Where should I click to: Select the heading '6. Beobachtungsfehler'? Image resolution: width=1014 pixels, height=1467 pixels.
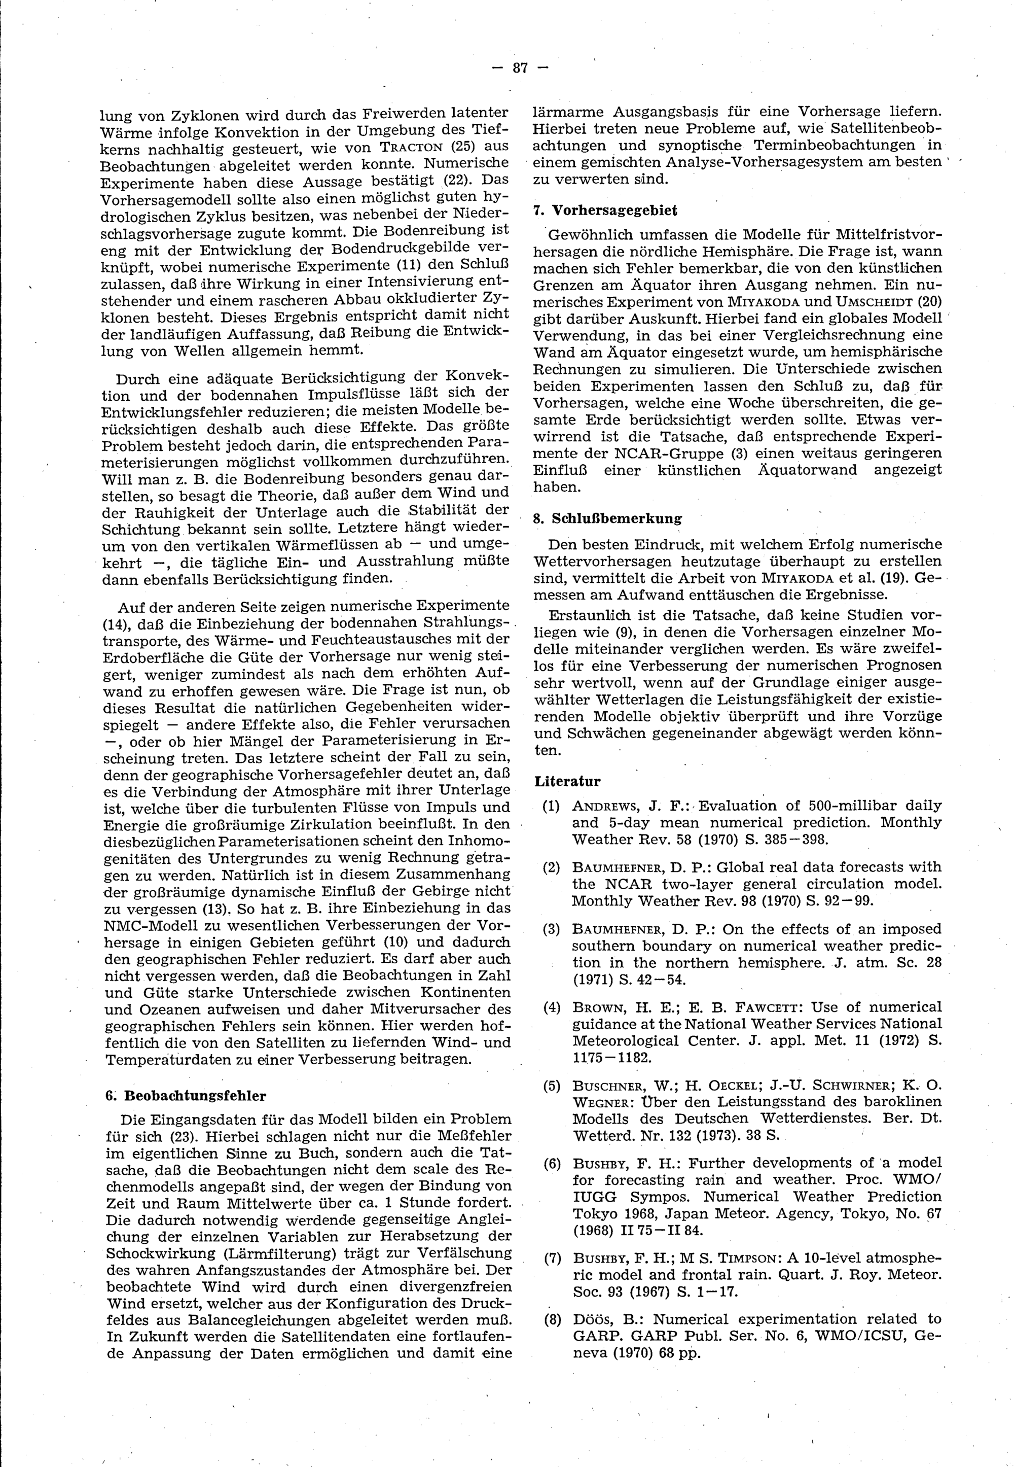click(186, 1096)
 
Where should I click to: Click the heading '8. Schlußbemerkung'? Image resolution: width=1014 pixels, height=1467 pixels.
click(607, 518)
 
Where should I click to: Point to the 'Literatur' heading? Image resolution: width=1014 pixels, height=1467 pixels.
click(567, 781)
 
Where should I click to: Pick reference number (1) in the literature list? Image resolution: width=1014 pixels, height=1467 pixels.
click(551, 807)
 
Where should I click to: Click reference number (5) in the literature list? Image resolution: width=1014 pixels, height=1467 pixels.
click(551, 1086)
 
